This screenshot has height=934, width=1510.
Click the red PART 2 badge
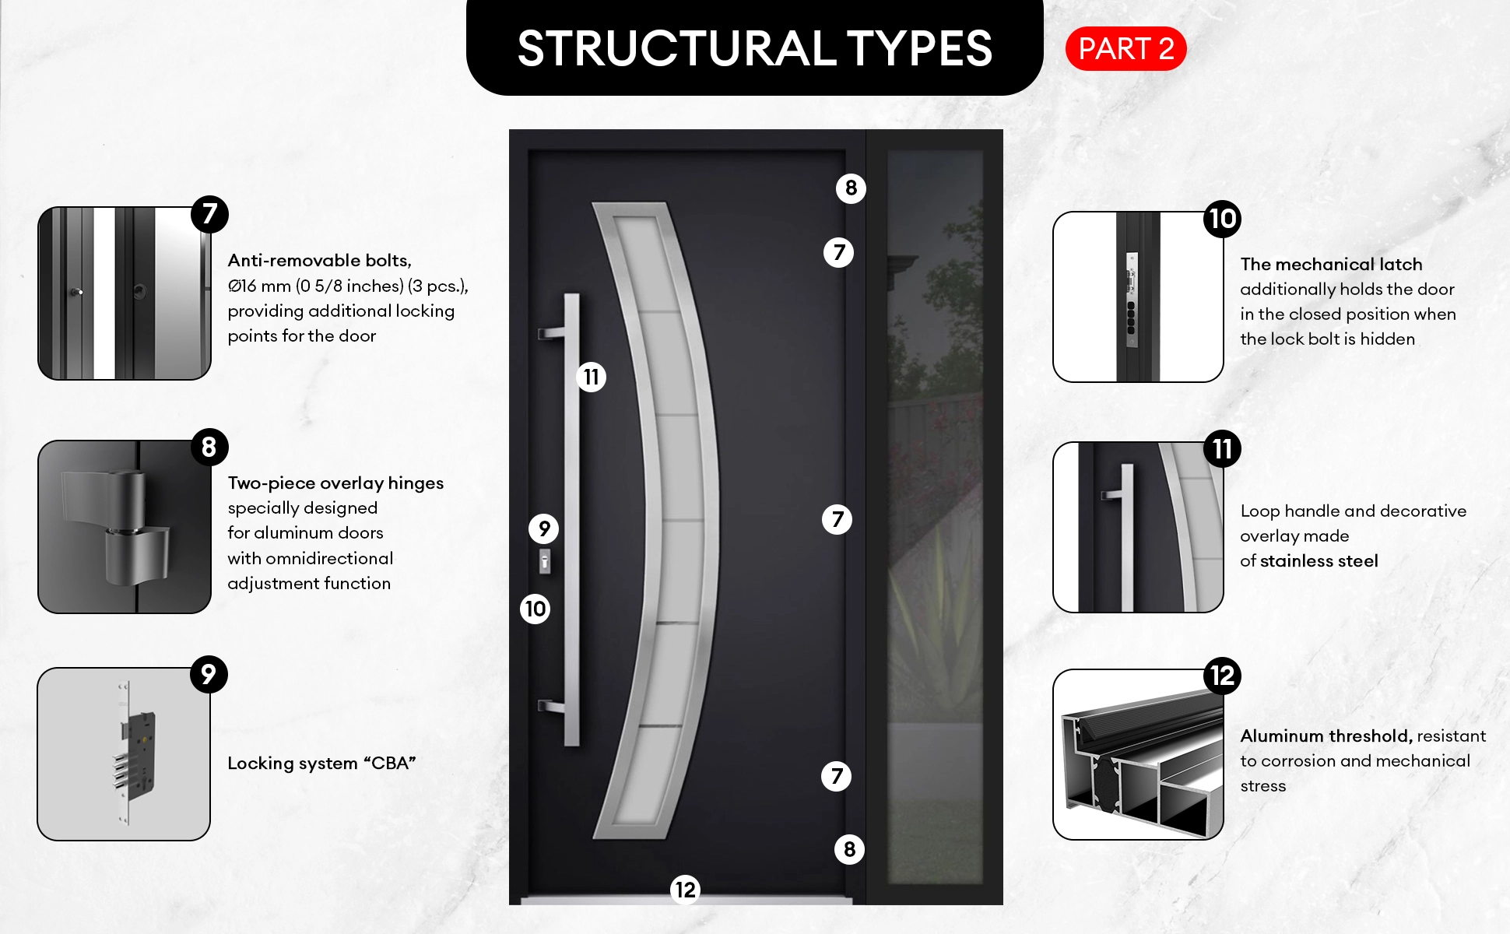pos(1125,49)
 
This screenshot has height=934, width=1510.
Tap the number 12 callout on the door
pos(685,890)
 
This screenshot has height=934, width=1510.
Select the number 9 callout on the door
pos(544,529)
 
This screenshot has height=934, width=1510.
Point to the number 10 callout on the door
pos(535,609)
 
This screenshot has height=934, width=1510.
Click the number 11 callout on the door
pos(591,377)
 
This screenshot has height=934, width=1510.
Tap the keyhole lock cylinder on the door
pos(545,561)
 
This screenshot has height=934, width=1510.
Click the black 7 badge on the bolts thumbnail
pos(209,214)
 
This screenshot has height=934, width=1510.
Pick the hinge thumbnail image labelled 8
pos(125,527)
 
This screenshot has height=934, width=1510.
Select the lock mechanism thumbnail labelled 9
pos(124,754)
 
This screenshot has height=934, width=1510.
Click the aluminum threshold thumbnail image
pos(1138,754)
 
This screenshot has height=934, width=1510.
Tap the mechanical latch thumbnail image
pos(1138,297)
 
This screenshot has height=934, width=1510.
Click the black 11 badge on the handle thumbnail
pos(1222,449)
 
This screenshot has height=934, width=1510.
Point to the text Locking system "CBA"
pos(321,764)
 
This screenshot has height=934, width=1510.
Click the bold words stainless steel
pos(1319,561)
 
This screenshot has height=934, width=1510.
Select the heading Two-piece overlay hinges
pos(335,483)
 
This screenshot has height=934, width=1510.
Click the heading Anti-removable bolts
pos(319,261)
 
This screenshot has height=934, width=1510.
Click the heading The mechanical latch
pos(1331,265)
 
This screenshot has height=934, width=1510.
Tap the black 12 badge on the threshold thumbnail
pos(1222,676)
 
